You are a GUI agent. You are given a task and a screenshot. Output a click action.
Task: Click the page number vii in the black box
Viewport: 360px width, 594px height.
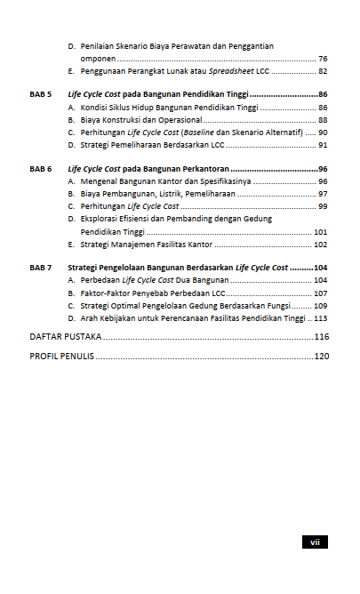[315, 542]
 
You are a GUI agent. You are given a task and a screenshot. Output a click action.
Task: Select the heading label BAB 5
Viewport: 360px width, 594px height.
[40, 93]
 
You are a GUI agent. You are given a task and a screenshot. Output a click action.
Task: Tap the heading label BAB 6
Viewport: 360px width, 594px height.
[40, 168]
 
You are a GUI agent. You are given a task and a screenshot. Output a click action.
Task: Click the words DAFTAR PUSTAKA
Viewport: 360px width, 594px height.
[65, 337]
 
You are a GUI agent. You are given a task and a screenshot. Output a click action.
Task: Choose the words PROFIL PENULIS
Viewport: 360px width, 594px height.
[62, 356]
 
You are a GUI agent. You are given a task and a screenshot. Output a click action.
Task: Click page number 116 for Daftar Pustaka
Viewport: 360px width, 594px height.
[322, 337]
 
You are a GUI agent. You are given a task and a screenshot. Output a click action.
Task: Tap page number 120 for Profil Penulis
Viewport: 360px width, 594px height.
[322, 356]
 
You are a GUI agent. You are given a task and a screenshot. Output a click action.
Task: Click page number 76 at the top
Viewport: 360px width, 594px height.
[323, 58]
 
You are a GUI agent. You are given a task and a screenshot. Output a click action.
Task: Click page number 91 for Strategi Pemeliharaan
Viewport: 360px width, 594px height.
[323, 144]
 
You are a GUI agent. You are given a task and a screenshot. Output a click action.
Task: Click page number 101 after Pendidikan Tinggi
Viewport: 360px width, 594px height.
[321, 231]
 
